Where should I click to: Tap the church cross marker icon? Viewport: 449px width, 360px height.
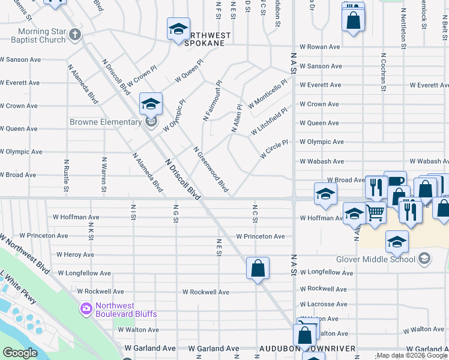(74, 34)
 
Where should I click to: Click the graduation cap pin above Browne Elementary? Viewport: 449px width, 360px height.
(151, 104)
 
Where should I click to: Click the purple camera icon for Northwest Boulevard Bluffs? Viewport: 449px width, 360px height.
(86, 309)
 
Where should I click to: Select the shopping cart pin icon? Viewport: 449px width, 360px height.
(375, 212)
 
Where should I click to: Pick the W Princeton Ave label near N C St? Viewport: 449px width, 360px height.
(261, 236)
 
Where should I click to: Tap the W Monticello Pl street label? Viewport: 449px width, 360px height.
(267, 94)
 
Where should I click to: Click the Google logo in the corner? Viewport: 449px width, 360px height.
(20, 352)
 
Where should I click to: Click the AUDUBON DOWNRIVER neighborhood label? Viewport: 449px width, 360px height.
(308, 349)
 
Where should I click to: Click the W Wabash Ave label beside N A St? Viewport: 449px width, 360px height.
(322, 161)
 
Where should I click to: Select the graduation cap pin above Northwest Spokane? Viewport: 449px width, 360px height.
(178, 29)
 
